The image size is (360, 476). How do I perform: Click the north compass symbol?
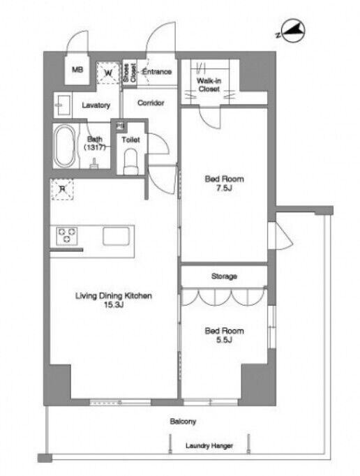[x=292, y=31]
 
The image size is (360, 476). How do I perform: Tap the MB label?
[x=77, y=70]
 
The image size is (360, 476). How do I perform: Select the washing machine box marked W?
[x=108, y=73]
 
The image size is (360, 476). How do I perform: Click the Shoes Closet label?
[x=130, y=73]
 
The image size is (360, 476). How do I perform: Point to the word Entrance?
[x=157, y=72]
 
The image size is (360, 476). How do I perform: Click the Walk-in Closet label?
[x=209, y=84]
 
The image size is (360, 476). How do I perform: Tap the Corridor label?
[x=151, y=103]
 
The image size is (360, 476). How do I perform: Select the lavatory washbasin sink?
[x=63, y=105]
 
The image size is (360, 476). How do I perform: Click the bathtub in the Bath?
[x=64, y=146]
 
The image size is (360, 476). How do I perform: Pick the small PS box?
[x=120, y=126]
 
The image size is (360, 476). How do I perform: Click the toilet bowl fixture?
[x=131, y=161]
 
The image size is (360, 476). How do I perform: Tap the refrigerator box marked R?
[x=62, y=189]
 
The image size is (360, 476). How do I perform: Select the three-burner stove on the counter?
[x=67, y=236]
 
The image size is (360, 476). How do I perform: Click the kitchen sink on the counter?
[x=116, y=236]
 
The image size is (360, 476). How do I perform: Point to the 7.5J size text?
[x=225, y=188]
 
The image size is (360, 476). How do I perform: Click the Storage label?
[x=224, y=276]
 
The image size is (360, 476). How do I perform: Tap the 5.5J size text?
[x=225, y=340]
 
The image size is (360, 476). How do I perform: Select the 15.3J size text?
[x=114, y=305]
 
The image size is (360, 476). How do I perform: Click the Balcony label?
[x=183, y=422]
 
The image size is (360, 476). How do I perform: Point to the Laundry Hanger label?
[x=209, y=446]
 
